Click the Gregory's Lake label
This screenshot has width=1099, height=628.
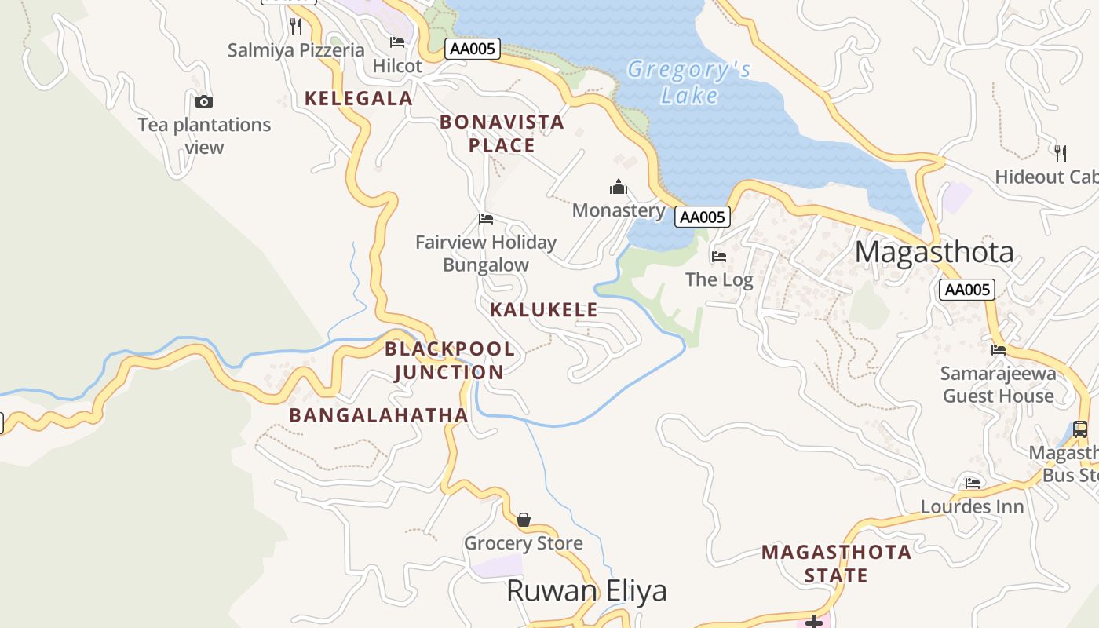pos(688,82)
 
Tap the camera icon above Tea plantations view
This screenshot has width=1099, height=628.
pos(203,101)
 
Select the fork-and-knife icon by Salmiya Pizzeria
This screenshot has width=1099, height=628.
pos(296,26)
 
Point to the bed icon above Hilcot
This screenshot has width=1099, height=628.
pos(397,42)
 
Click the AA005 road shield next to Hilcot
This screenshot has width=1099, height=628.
pos(473,49)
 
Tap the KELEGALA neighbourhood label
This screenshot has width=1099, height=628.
pos(358,98)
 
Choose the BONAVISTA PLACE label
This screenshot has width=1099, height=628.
pos(502,133)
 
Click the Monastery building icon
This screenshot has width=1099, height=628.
pos(619,187)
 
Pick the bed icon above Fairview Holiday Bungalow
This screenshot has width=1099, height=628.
pos(486,219)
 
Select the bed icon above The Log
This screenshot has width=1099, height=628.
pos(718,257)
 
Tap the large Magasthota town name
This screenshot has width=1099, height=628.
pos(934,252)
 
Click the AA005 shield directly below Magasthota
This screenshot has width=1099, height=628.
pos(967,290)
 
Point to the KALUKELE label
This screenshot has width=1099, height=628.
pos(544,309)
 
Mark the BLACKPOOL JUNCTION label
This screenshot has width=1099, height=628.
pos(450,360)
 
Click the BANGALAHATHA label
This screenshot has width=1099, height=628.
pos(378,415)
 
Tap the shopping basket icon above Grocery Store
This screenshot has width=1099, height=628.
pos(524,520)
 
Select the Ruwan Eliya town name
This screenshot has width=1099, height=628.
pos(586,590)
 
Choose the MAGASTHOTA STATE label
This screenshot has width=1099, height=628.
pos(837,564)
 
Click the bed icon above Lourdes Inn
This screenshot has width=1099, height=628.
pos(973,484)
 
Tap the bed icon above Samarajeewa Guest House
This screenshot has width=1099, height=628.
pos(999,350)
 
